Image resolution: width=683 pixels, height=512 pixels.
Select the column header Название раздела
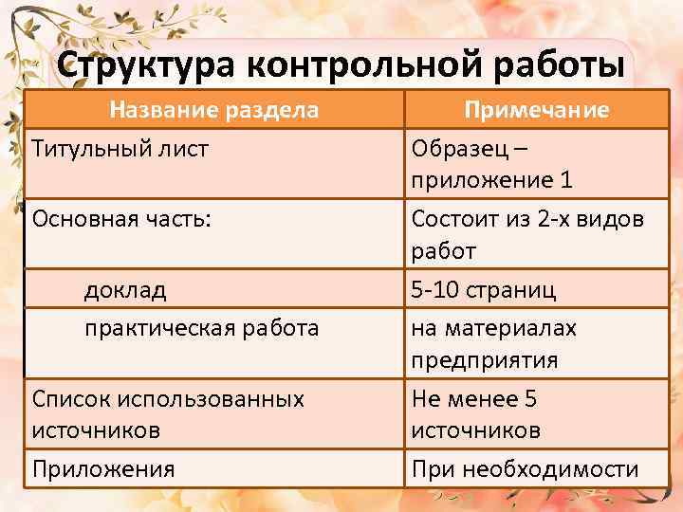[213, 110]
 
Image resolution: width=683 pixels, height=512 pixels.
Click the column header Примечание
[536, 110]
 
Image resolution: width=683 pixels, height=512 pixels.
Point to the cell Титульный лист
[120, 149]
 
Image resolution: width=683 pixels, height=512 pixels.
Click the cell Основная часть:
[121, 218]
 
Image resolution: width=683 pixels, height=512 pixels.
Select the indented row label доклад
[125, 289]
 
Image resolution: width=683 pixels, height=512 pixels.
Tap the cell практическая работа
[201, 328]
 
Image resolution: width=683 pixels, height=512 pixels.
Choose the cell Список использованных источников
[168, 414]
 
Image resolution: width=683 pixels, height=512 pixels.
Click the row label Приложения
[103, 468]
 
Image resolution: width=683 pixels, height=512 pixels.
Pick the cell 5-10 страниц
[484, 289]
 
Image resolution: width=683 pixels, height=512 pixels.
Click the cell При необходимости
[525, 468]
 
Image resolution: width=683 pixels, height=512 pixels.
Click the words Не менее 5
[474, 399]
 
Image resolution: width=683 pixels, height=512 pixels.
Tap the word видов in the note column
[614, 218]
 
